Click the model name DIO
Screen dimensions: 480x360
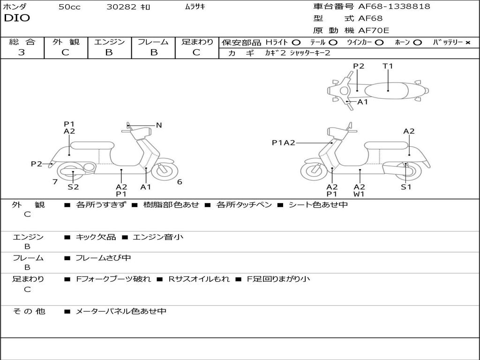(x=17, y=18)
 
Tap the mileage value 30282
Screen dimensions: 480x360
(x=121, y=7)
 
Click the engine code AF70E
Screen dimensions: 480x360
(x=374, y=31)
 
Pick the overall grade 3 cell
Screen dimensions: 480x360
(x=22, y=52)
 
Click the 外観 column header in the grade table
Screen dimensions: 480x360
(x=66, y=42)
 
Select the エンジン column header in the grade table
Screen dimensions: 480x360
(x=109, y=42)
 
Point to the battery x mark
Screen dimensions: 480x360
(x=468, y=43)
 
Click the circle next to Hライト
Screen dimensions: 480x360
(x=296, y=43)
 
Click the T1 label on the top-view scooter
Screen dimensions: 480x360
(x=388, y=66)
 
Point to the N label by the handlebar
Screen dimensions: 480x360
(x=159, y=125)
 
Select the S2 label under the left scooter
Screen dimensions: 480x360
(x=73, y=187)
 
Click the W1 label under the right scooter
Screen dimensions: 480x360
(x=360, y=194)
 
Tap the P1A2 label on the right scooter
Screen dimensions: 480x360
(x=284, y=142)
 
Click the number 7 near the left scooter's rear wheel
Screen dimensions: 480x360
(x=55, y=182)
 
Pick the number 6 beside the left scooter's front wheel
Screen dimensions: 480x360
(x=180, y=182)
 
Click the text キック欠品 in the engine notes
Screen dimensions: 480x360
(x=96, y=237)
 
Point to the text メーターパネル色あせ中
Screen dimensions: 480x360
(x=121, y=311)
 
